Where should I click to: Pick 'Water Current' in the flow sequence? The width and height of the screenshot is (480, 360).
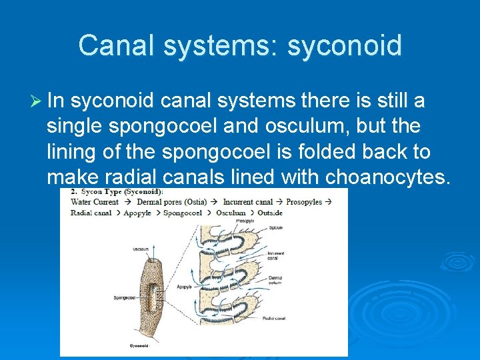(95, 202)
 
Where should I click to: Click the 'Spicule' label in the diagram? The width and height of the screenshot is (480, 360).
(275, 229)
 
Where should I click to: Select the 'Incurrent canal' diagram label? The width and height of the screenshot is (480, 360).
(275, 255)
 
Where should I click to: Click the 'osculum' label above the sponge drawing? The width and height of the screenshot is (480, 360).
(141, 249)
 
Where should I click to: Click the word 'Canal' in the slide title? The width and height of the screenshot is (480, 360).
(116, 46)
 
